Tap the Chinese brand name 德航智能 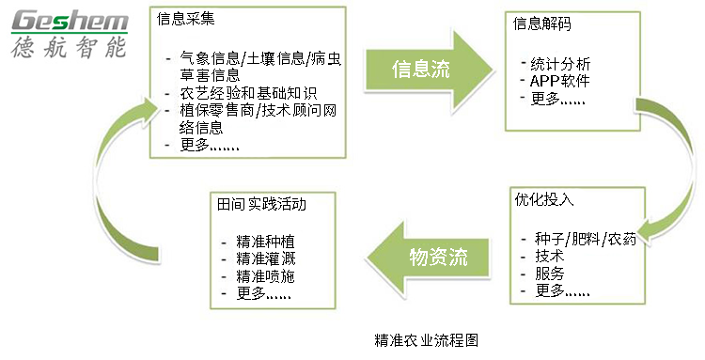[x=67, y=48]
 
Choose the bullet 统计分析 [x=561, y=63]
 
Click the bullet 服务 [x=549, y=273]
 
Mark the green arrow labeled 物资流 [x=429, y=256]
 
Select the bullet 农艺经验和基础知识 [x=248, y=93]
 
